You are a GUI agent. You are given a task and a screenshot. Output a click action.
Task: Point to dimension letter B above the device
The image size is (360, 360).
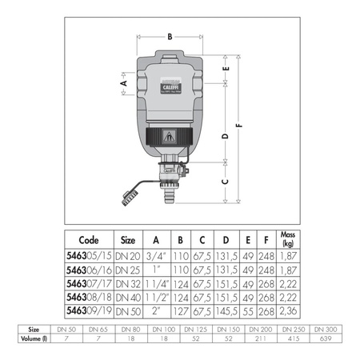(x=169, y=36)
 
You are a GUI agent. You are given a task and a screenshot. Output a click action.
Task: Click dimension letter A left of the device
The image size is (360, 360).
(x=123, y=82)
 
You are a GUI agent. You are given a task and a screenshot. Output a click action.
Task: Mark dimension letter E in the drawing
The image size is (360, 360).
(x=227, y=70)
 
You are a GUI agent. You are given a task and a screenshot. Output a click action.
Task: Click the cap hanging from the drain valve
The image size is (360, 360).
(x=128, y=196)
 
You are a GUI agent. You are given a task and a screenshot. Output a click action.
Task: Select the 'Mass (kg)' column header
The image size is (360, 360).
(x=286, y=238)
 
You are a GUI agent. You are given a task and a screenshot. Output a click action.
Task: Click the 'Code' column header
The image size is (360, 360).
(x=90, y=239)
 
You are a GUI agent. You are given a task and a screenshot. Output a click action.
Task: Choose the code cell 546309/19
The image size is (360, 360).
(x=90, y=310)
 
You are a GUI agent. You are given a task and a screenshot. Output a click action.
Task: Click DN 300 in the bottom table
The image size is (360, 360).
(x=326, y=330)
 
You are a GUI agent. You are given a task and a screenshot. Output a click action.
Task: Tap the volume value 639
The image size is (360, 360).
(x=326, y=339)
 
